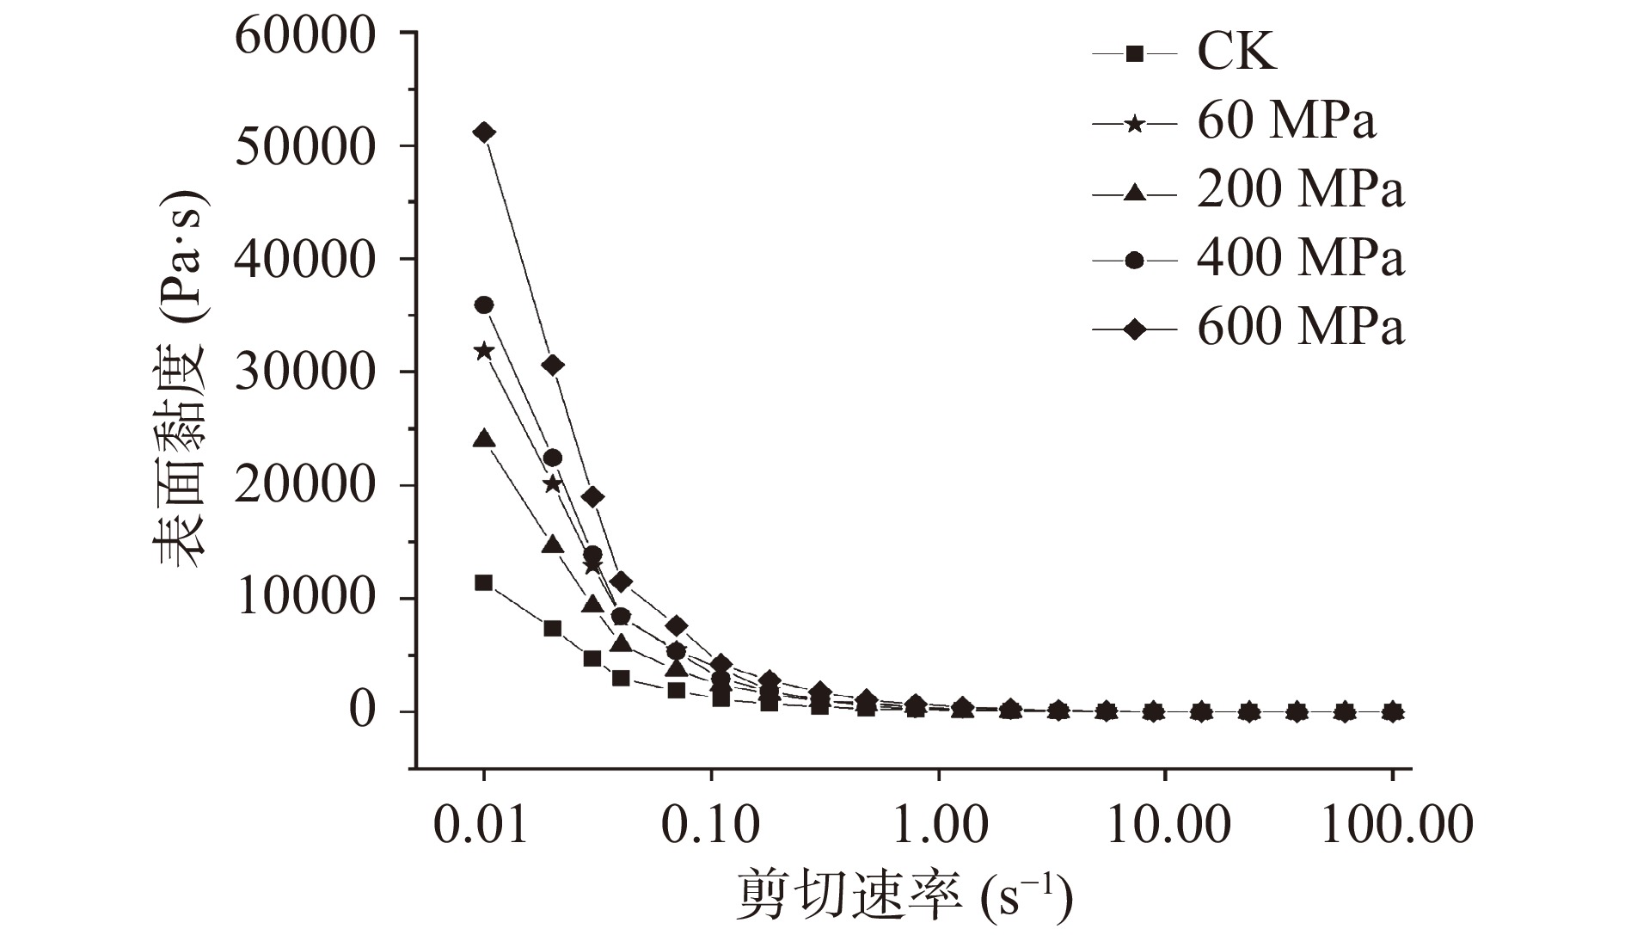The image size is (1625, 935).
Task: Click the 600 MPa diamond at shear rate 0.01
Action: point(484,132)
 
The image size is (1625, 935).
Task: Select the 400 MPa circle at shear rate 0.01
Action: point(484,304)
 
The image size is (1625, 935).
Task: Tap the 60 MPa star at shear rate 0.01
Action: point(484,350)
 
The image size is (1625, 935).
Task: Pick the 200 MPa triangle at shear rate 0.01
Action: point(484,439)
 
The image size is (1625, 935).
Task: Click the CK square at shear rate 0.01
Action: point(484,582)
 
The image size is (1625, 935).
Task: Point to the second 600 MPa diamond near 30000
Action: point(553,365)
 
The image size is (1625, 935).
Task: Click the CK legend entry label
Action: point(1236,52)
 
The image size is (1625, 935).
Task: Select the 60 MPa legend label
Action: point(1286,121)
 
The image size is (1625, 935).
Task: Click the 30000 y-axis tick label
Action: point(305,372)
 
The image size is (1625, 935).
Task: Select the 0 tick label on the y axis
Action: point(362,711)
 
